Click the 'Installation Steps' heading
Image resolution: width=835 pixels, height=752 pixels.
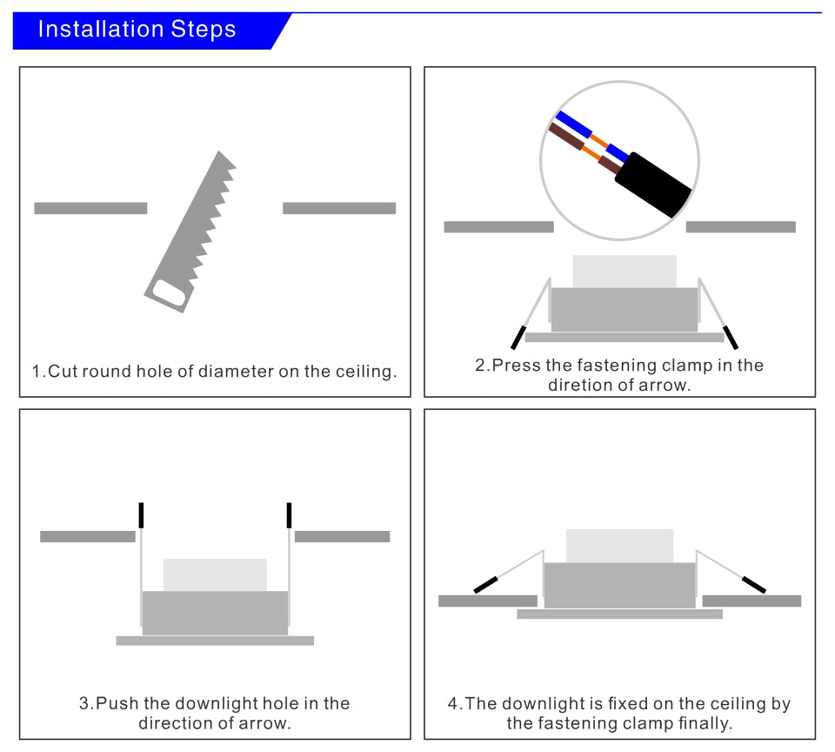(x=137, y=30)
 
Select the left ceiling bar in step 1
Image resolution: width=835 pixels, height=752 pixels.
(x=90, y=208)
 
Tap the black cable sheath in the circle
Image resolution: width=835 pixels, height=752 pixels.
(x=652, y=185)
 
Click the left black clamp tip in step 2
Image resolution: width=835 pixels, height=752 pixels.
(x=518, y=338)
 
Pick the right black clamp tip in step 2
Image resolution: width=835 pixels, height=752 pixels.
(x=731, y=338)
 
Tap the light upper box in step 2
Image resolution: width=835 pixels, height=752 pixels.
(x=624, y=271)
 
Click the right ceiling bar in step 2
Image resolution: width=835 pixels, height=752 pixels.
(x=740, y=227)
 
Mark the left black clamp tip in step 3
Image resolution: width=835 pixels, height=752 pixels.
(x=141, y=515)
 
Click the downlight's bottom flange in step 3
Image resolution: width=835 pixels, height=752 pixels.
(x=215, y=641)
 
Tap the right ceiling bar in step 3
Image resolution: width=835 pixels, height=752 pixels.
(x=342, y=536)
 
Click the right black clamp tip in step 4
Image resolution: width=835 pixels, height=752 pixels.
(x=753, y=584)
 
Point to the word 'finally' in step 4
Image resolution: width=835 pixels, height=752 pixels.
(x=702, y=723)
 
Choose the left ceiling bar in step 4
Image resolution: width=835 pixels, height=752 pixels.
(x=487, y=601)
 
